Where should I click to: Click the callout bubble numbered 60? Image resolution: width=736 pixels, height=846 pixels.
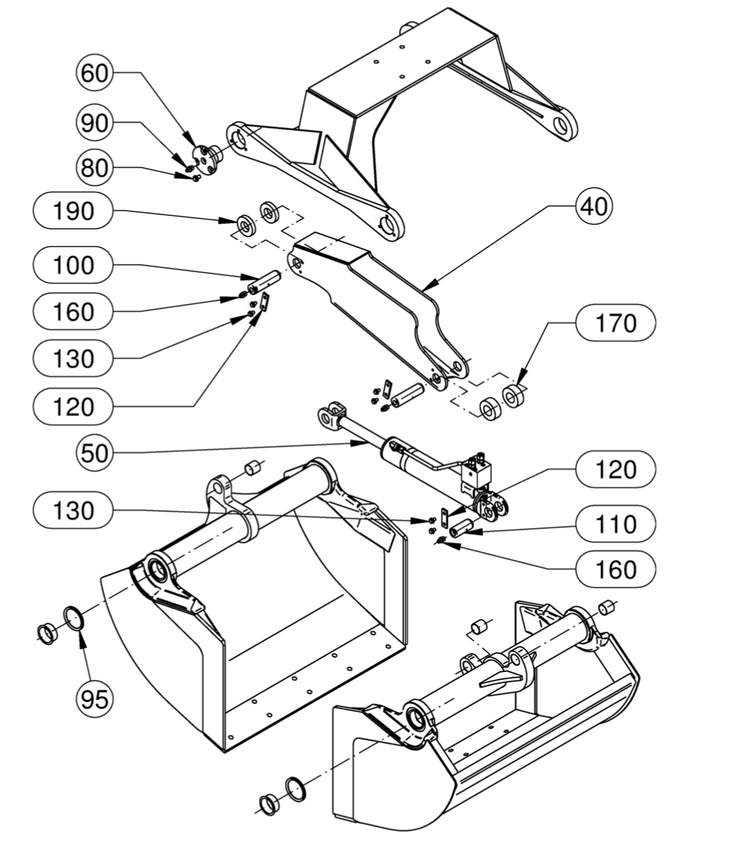pos(94,73)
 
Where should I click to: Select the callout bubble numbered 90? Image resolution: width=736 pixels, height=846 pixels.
pos(94,122)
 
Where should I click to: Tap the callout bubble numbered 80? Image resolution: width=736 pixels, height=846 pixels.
pos(94,167)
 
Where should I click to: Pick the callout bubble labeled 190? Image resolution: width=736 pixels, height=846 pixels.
pos(73,211)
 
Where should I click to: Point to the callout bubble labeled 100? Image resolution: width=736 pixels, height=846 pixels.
pos(73,264)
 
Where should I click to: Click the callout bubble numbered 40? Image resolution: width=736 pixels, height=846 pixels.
pos(594,206)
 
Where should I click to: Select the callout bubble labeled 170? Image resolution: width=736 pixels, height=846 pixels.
pos(616,323)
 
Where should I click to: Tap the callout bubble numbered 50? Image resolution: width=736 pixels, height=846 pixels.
pos(94,453)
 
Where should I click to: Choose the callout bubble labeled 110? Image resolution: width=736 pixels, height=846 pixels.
pos(616,524)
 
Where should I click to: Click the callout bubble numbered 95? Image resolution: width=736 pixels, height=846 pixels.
pos(94,699)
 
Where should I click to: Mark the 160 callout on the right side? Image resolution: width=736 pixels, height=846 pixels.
pos(616,569)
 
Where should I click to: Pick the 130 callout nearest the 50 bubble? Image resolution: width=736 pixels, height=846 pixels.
pos(73,510)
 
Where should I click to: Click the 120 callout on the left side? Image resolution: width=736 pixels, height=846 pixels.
pos(73,406)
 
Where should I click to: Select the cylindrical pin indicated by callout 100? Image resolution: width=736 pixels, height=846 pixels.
pos(263,281)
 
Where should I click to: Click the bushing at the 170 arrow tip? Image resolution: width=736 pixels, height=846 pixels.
pos(513,396)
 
